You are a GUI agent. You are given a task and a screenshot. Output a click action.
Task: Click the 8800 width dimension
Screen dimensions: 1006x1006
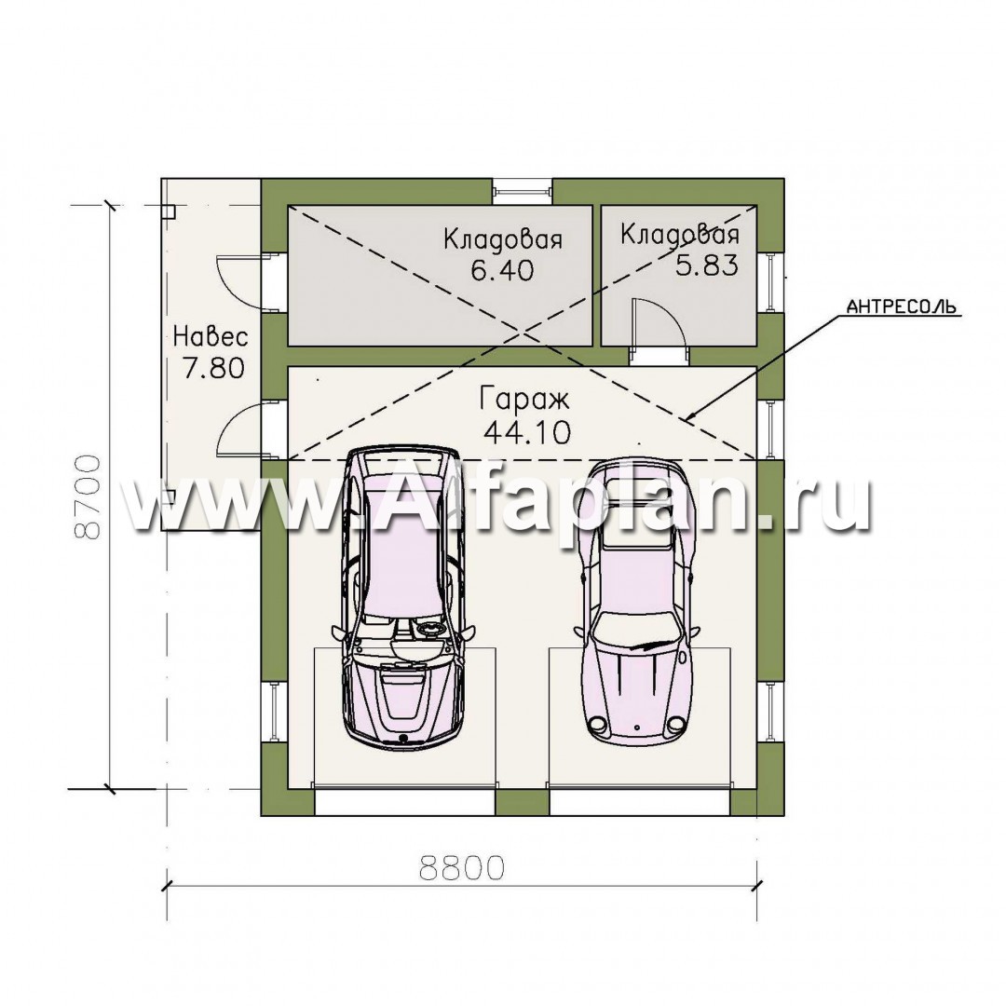point(462,868)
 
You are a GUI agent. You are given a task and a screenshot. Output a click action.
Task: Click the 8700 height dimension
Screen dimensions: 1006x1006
point(88,497)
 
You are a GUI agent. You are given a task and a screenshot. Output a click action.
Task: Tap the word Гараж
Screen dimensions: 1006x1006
point(524,400)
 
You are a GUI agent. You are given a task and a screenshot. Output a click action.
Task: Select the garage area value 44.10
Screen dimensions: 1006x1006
point(527,433)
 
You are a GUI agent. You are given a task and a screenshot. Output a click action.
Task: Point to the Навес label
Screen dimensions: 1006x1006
point(211,336)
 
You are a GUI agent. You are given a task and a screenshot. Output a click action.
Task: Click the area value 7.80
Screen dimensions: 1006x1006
point(213,369)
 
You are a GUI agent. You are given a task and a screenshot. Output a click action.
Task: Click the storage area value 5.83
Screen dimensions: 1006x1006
point(706,265)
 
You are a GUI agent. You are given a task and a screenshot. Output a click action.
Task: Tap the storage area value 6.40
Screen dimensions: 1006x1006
point(502,270)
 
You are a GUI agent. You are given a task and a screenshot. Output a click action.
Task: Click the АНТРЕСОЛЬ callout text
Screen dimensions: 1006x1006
point(901,306)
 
